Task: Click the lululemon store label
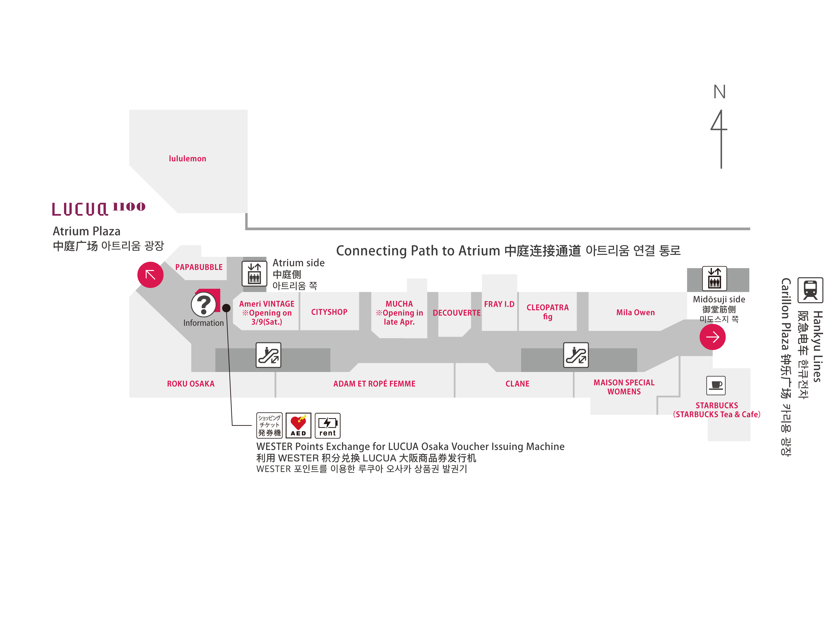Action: [188, 159]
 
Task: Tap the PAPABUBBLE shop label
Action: [199, 267]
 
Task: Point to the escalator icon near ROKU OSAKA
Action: [268, 355]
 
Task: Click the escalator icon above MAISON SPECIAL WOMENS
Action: [576, 355]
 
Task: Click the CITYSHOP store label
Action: [329, 312]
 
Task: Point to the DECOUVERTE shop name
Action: [456, 313]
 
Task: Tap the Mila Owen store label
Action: [635, 312]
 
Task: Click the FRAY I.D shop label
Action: [499, 304]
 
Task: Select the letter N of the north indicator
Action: [719, 92]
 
